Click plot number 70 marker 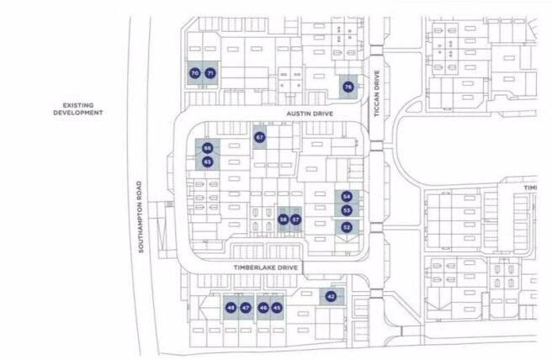[x=194, y=74]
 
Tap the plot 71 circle [x=210, y=74]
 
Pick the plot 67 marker [x=259, y=137]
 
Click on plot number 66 [x=207, y=148]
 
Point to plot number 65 [x=207, y=161]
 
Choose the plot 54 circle [x=347, y=196]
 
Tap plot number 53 [x=347, y=210]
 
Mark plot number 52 [x=347, y=227]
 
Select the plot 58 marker [x=283, y=220]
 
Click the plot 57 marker [x=295, y=220]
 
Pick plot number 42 [x=331, y=297]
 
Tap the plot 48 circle [x=231, y=308]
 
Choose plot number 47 [x=246, y=308]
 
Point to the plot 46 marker [x=263, y=308]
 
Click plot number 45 [x=278, y=308]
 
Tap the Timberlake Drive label [x=267, y=267]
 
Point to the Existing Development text [x=77, y=109]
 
